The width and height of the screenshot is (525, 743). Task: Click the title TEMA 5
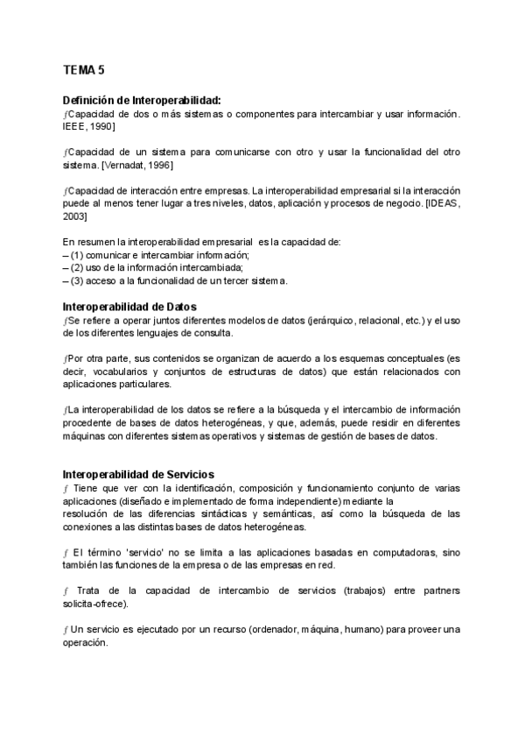[84, 69]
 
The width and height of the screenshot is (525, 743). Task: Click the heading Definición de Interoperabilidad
[142, 100]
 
